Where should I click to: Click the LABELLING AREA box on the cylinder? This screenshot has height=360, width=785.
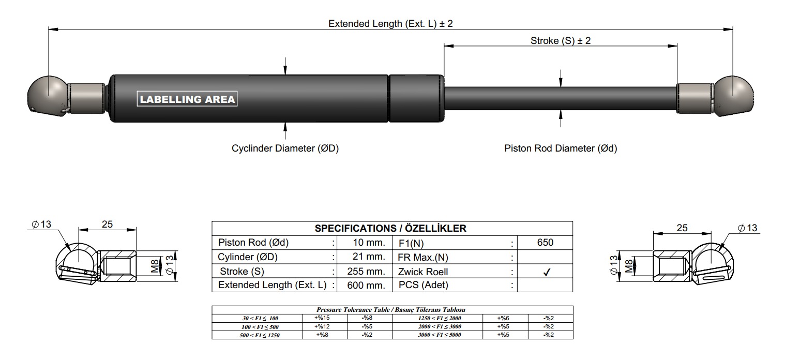[187, 99]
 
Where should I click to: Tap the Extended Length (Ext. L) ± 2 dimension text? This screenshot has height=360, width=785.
[390, 23]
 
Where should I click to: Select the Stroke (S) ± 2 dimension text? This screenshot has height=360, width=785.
[561, 41]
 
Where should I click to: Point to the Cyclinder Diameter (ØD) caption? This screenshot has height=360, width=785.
[285, 148]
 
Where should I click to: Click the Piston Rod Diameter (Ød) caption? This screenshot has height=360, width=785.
[561, 148]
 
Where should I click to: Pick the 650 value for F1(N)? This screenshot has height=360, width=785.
[545, 243]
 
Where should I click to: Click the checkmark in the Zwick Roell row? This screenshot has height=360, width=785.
[547, 272]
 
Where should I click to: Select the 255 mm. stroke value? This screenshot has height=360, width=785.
[366, 272]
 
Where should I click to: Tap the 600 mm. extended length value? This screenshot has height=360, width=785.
[366, 286]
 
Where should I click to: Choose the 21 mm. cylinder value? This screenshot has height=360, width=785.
[369, 257]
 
